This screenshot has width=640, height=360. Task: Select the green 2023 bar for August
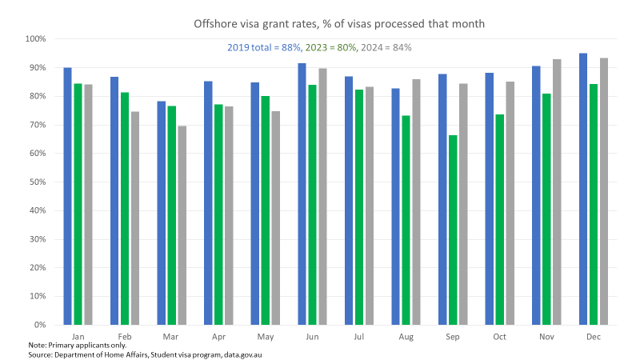(x=406, y=220)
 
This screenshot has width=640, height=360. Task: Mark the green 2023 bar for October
(x=499, y=219)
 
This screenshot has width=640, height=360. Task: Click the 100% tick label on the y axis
(x=35, y=39)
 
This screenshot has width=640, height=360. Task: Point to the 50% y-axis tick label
(x=37, y=182)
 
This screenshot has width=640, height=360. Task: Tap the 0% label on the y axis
(x=39, y=325)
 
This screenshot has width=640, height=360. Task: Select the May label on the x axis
(x=266, y=337)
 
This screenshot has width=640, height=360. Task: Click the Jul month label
(x=359, y=337)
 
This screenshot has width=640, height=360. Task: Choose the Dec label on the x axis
(x=593, y=337)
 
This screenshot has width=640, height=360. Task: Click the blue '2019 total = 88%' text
(x=264, y=48)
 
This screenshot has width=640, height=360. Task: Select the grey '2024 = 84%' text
(x=386, y=48)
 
